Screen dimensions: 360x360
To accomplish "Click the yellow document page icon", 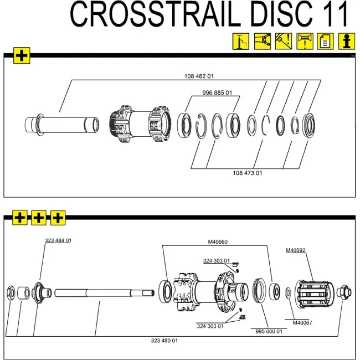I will point(326,41).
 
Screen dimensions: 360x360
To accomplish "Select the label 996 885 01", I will point(217,92).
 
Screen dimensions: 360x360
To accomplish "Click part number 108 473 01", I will point(248,173).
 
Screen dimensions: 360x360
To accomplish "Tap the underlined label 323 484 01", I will point(58,240).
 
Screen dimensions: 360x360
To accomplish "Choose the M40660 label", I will point(218,241).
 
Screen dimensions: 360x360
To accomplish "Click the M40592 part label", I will point(296,250).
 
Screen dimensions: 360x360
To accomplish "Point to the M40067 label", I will point(303,322).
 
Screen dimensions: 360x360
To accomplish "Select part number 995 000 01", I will point(269,331).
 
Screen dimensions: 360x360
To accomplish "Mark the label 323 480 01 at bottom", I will point(164,341).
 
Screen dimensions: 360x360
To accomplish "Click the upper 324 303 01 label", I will point(216,260).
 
